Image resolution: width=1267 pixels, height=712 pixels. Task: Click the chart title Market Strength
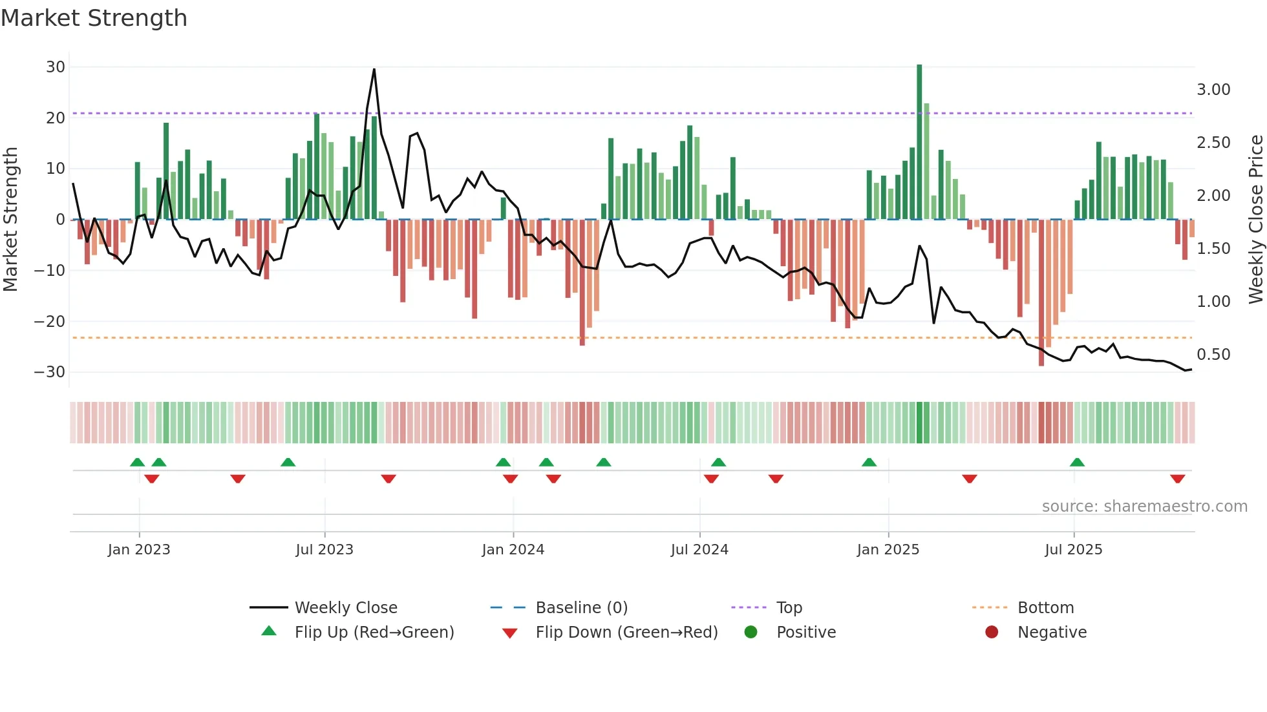coord(94,18)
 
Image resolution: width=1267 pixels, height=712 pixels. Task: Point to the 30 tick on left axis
coord(56,67)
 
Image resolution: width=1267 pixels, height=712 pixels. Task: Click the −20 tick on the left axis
coord(50,321)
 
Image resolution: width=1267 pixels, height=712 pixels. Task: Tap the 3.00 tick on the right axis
coord(1213,90)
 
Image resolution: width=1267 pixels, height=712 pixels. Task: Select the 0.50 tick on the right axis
coord(1213,355)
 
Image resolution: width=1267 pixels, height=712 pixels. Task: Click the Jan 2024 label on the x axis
coord(513,550)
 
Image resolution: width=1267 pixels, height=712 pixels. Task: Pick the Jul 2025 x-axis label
coord(1073,550)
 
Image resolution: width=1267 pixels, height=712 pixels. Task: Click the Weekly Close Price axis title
coord(1255,220)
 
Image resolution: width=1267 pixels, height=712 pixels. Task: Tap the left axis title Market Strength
coord(11,220)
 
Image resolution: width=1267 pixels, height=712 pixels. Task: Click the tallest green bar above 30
coord(919,142)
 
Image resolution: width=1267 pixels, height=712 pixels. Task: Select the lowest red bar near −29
coord(1041,294)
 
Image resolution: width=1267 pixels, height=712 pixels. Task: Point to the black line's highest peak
coord(374,70)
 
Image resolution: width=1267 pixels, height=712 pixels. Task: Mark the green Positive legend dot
coord(751,633)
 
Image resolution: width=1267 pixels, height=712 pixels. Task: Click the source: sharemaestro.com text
coord(1144,507)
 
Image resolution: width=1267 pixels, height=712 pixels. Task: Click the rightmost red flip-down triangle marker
coord(1177,479)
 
